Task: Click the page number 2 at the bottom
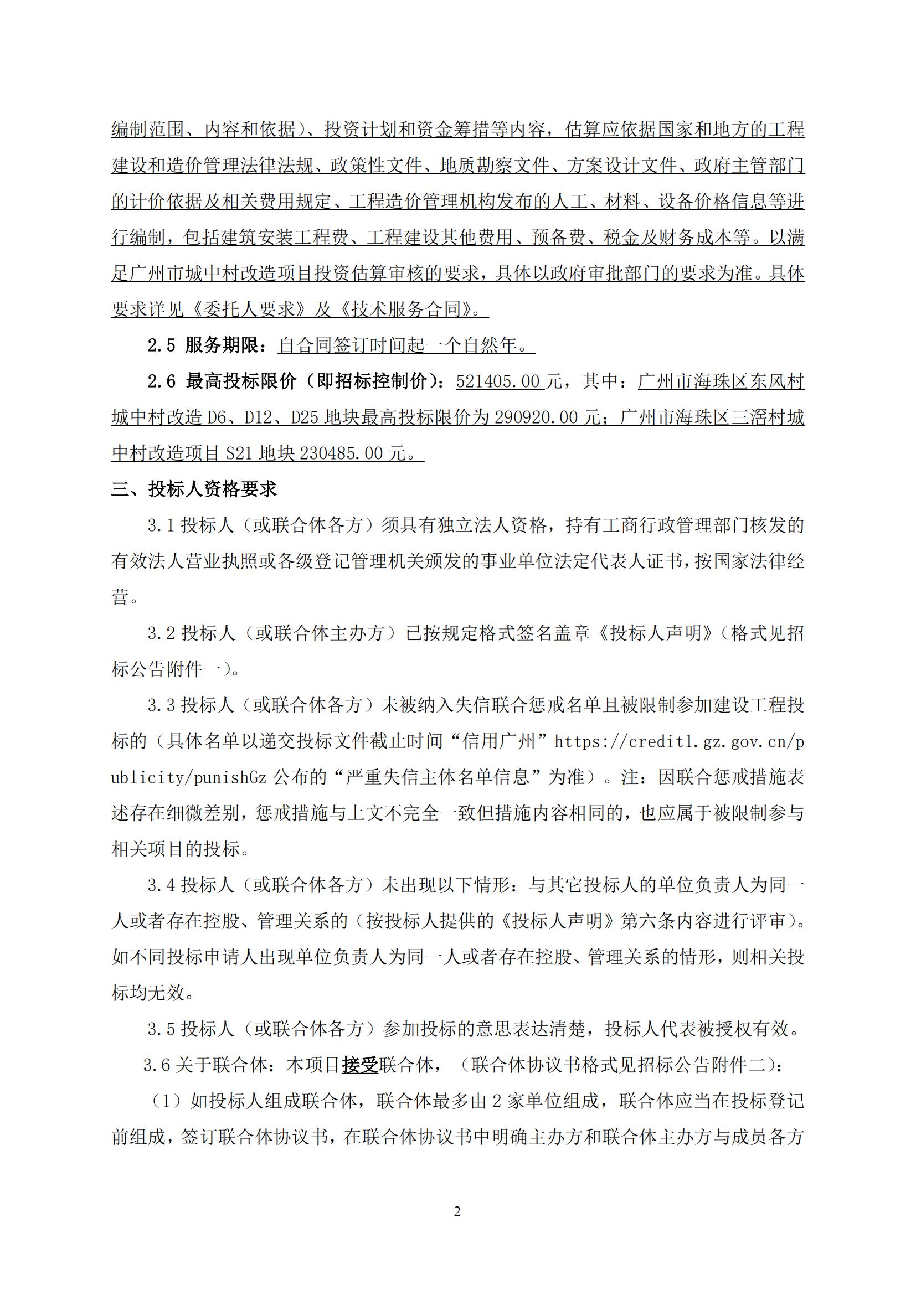[457, 1211]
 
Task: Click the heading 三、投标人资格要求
[194, 489]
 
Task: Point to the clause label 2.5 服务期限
[203, 345]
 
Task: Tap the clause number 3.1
[161, 525]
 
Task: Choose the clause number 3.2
[161, 633]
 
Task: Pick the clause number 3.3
[161, 705]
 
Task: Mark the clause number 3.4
[161, 885]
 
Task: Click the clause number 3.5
[161, 1029]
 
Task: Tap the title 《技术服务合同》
[411, 309]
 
